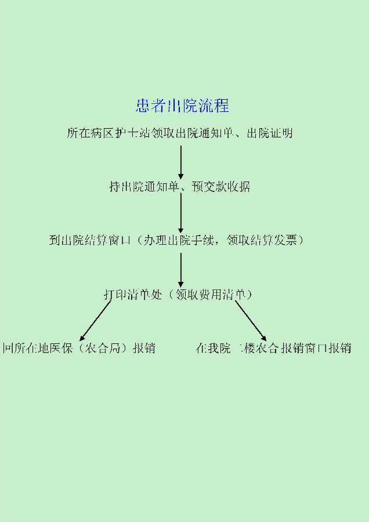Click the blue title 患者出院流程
tap(182, 106)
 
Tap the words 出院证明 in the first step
tap(270, 133)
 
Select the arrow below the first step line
tap(181, 162)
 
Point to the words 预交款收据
tap(223, 187)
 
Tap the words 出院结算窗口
tap(98, 240)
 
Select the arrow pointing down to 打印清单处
tap(181, 270)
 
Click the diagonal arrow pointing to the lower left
tap(95, 320)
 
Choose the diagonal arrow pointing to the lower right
tap(251, 320)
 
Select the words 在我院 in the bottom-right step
tap(209, 349)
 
